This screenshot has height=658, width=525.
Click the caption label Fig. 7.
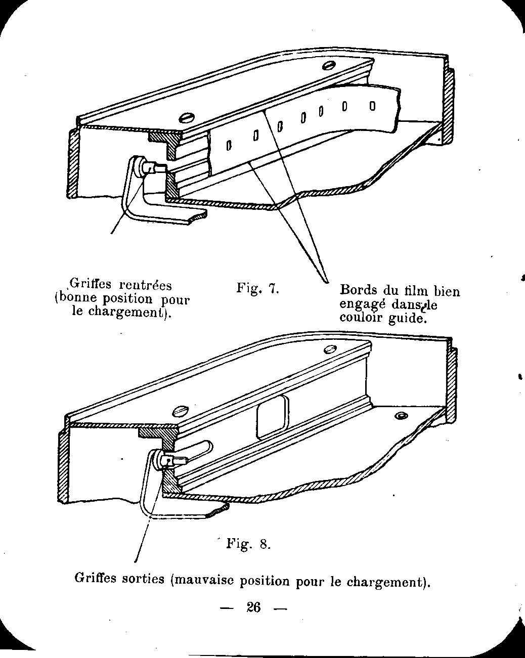pyautogui.click(x=258, y=289)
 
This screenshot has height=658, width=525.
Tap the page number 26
pyautogui.click(x=253, y=607)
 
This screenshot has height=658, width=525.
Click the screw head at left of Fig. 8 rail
pyautogui.click(x=180, y=410)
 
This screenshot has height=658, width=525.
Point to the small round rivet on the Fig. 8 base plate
pyautogui.click(x=402, y=416)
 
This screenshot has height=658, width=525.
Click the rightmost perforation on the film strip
pyautogui.click(x=372, y=106)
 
